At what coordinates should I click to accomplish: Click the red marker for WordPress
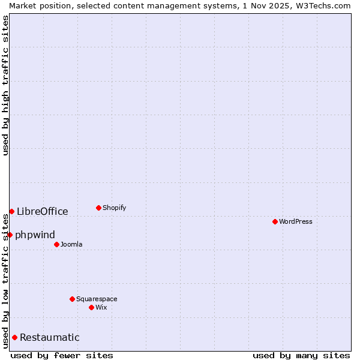(x=275, y=221)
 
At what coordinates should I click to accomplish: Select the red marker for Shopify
(x=98, y=208)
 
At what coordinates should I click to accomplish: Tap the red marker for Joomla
(x=56, y=244)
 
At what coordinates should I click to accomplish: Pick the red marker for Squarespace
(x=72, y=299)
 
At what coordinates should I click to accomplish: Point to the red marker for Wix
(x=91, y=307)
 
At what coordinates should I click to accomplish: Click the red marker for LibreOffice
(x=11, y=211)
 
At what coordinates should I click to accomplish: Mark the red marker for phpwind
(x=10, y=235)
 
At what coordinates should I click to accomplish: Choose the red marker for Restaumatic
(x=14, y=337)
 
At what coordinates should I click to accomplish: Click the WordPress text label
(x=296, y=221)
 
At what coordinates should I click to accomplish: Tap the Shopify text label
(x=115, y=208)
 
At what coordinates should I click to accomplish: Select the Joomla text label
(x=71, y=244)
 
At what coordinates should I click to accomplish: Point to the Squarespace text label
(x=97, y=299)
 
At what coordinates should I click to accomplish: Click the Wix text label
(x=101, y=307)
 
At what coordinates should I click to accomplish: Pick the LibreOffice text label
(x=43, y=211)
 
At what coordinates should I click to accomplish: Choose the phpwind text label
(x=35, y=235)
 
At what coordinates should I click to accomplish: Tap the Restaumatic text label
(x=50, y=337)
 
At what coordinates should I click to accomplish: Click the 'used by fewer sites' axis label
(x=62, y=355)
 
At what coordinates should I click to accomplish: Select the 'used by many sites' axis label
(x=301, y=355)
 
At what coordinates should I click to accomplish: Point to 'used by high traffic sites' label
(x=5, y=85)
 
